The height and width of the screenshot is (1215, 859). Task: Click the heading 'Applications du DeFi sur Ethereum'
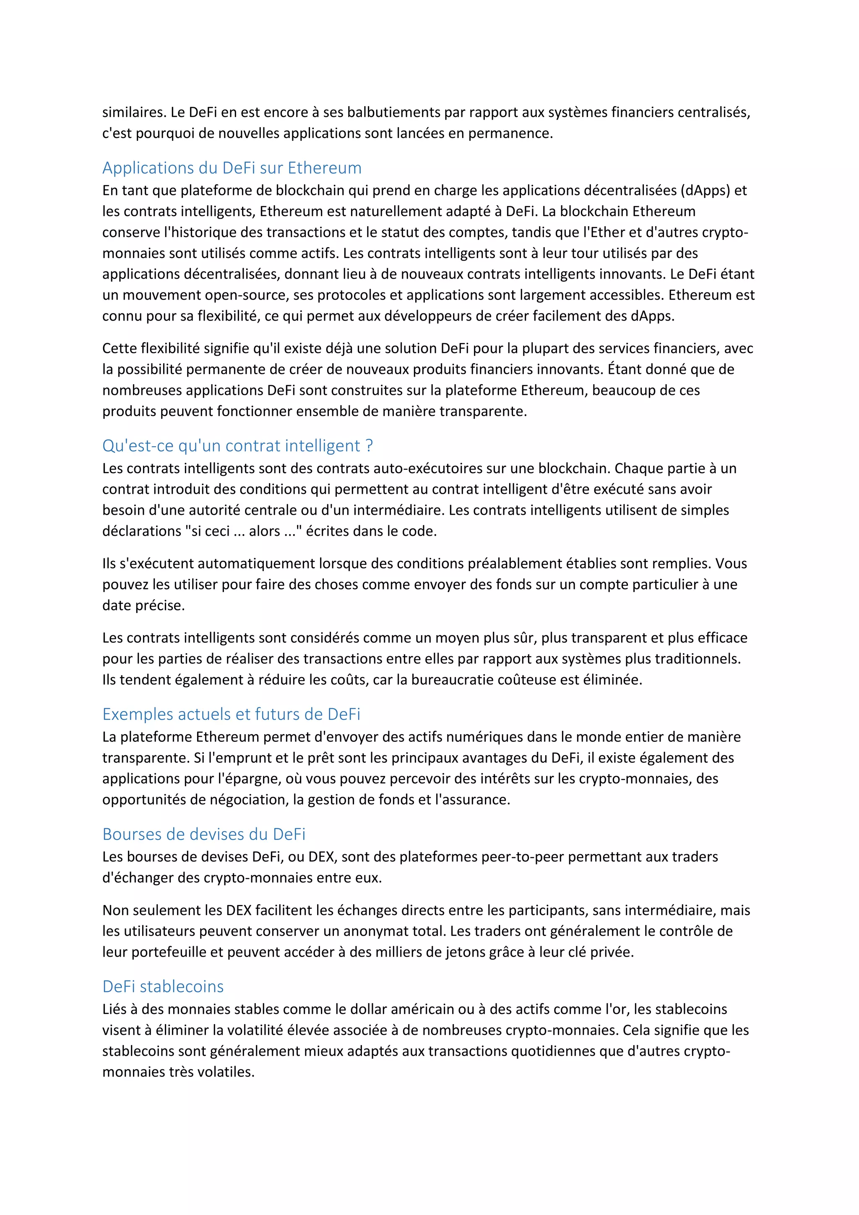click(232, 168)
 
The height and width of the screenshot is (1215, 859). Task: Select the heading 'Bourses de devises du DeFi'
click(204, 834)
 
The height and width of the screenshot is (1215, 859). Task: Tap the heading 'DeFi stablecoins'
click(163, 986)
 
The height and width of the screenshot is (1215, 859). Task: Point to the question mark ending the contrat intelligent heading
click(369, 446)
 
